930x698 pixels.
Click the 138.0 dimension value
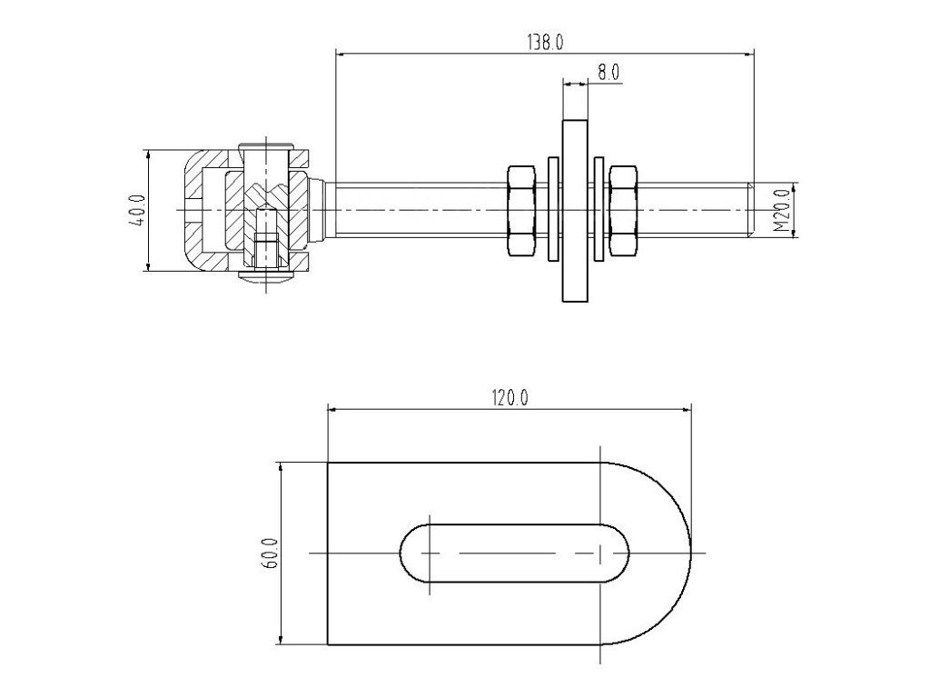(545, 42)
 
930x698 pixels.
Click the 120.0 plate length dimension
(510, 397)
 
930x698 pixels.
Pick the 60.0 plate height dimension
(270, 553)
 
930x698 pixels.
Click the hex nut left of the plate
(520, 211)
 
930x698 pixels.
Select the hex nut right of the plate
(624, 211)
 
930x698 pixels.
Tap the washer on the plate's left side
(552, 211)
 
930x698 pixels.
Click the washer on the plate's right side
(599, 211)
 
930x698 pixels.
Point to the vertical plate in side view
(575, 211)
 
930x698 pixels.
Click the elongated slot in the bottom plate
(514, 553)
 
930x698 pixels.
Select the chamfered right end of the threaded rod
(750, 211)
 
